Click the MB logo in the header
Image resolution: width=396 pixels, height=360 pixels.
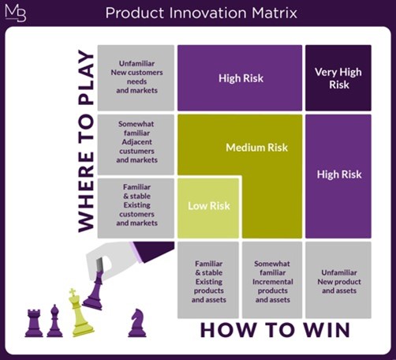tap(16, 13)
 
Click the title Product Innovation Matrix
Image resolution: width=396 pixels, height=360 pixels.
tap(201, 13)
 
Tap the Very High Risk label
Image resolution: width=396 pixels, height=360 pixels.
tap(338, 78)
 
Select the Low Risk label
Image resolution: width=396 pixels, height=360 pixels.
tap(209, 206)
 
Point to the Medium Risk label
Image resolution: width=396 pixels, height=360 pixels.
tap(256, 148)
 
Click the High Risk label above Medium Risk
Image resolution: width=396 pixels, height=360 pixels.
tap(241, 78)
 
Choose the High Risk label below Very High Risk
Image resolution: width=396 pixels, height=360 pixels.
tap(339, 174)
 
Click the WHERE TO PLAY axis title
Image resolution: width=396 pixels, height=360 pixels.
tap(86, 141)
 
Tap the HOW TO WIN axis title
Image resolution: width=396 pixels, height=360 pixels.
tap(275, 330)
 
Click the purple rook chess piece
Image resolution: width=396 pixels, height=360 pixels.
tap(34, 323)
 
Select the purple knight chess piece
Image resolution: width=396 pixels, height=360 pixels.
tap(137, 323)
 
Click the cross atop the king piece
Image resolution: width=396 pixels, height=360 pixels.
tap(73, 292)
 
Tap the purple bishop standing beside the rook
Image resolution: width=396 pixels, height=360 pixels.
tap(54, 321)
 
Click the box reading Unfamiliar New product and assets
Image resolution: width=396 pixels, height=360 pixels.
tap(338, 280)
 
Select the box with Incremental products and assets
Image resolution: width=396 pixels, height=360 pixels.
tap(272, 280)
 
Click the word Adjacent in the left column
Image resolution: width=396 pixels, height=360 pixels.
tap(136, 142)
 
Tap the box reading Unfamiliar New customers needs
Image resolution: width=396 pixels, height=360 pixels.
tap(136, 77)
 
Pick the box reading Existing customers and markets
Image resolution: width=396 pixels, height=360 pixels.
tap(136, 208)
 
